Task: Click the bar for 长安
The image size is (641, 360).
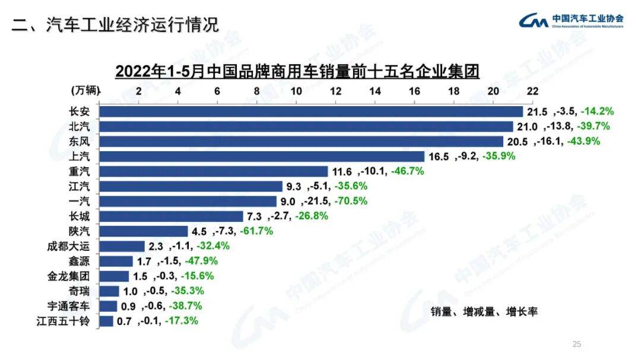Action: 311,111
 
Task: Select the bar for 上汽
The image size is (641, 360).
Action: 262,157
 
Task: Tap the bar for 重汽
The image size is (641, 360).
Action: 213,171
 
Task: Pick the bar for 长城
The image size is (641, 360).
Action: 171,216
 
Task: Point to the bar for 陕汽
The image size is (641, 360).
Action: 143,231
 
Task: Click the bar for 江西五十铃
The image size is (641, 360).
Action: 106,321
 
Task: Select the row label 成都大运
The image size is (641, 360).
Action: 68,246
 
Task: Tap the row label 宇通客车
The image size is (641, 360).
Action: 68,306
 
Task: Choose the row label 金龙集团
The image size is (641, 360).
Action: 68,276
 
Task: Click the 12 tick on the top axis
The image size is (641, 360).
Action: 335,91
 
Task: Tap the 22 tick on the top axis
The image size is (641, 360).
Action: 532,91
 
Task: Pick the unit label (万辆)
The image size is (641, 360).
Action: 85,91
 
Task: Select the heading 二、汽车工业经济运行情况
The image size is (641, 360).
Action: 116,25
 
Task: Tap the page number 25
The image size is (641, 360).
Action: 576,344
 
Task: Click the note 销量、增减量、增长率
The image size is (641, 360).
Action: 484,311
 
